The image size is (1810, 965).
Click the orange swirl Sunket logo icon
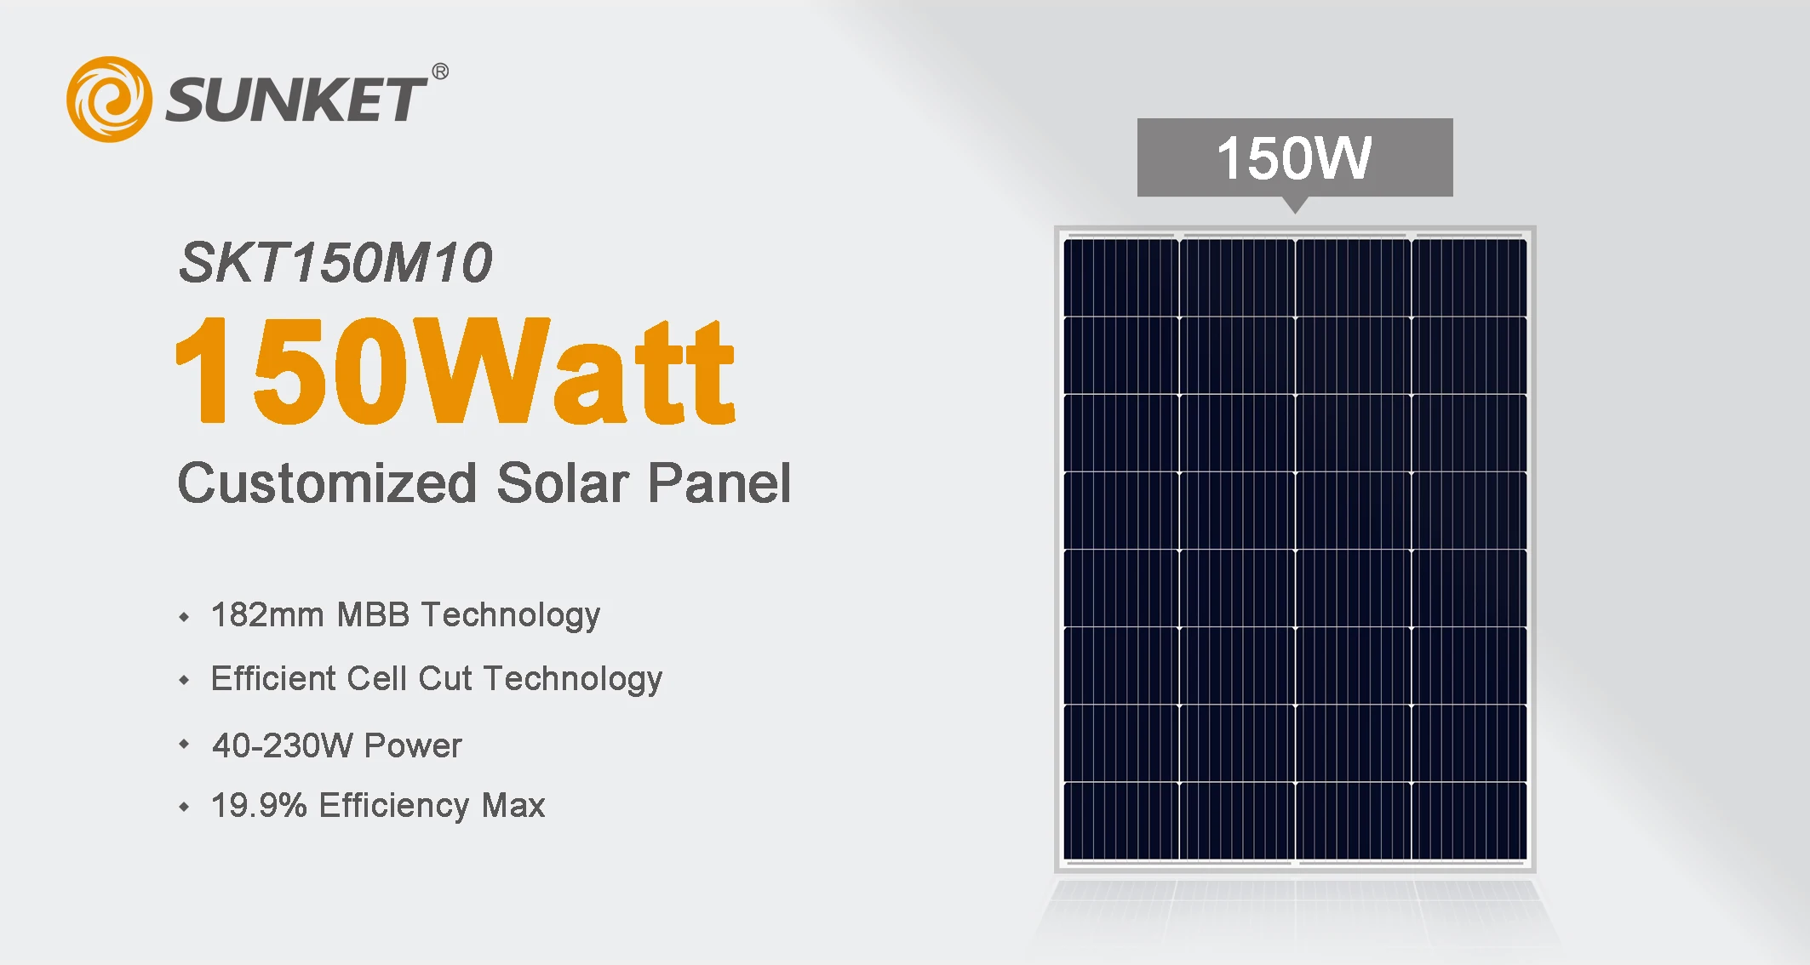[x=109, y=100]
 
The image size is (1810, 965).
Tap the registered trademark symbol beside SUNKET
[x=440, y=71]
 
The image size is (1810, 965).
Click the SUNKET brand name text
[x=295, y=100]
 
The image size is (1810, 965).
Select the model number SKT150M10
[x=335, y=262]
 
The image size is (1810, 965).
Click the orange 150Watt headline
[x=455, y=371]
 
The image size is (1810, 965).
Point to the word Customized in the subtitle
[x=327, y=483]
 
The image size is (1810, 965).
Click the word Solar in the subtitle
[x=562, y=483]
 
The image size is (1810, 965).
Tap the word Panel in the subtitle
[x=719, y=483]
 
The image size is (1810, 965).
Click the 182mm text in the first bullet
[x=267, y=614]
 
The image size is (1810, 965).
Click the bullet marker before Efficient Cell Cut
[x=185, y=680]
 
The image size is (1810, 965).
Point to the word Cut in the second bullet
[x=444, y=679]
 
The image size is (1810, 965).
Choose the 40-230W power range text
[x=283, y=745]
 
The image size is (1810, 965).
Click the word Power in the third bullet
[x=413, y=745]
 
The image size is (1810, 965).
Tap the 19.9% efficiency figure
[x=259, y=805]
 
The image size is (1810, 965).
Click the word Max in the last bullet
[x=513, y=805]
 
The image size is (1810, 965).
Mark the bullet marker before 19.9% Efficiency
[x=185, y=807]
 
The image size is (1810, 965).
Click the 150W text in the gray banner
[x=1294, y=158]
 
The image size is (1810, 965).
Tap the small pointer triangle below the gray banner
[x=1295, y=204]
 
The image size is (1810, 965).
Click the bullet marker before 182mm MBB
[x=185, y=617]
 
